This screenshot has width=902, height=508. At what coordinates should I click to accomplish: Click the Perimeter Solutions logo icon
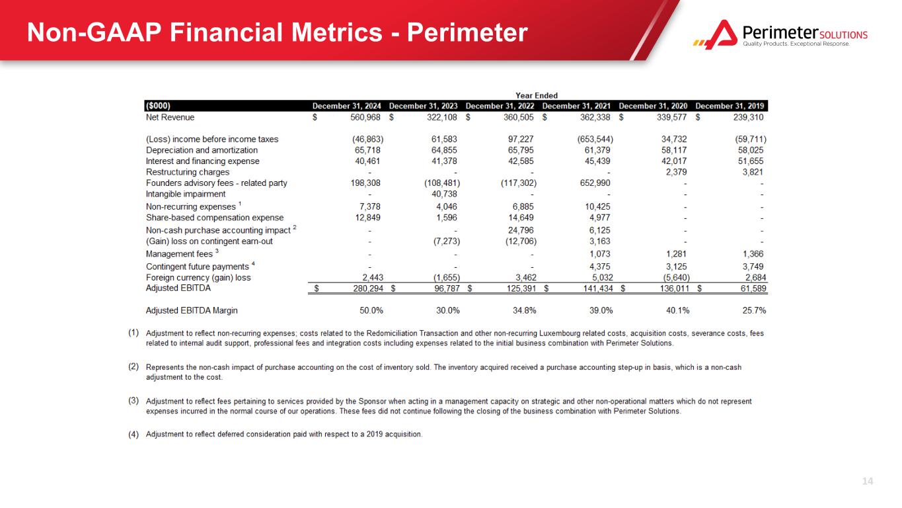click(x=715, y=34)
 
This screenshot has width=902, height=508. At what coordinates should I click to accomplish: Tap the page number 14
click(x=868, y=481)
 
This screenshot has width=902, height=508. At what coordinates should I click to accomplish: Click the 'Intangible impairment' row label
click(x=186, y=194)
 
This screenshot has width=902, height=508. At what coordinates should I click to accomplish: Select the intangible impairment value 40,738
click(x=443, y=194)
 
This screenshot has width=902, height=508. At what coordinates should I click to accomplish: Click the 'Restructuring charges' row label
click(x=188, y=172)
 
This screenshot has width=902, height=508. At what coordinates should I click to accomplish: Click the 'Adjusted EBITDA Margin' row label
click(x=192, y=310)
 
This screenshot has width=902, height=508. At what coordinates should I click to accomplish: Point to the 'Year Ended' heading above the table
click(x=536, y=95)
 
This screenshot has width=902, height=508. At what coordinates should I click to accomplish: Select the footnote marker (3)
click(x=133, y=401)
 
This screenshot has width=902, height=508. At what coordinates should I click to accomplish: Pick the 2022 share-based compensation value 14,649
click(x=519, y=218)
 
